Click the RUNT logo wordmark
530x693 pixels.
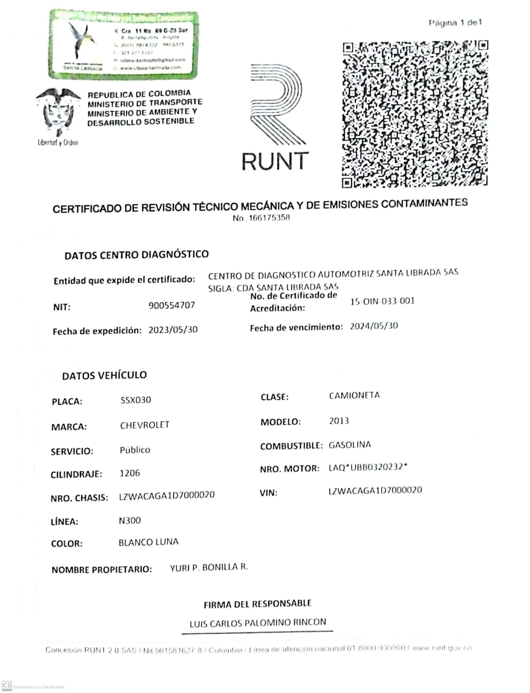coord(275,161)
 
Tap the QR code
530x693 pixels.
coord(415,114)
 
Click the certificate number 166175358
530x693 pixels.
coord(268,218)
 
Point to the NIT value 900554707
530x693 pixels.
coord(171,305)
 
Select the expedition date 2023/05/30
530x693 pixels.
coord(173,330)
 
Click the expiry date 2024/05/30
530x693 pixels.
coord(374,326)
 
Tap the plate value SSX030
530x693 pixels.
coord(136,400)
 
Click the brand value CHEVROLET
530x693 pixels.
coord(145,425)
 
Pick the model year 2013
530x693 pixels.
coord(339,421)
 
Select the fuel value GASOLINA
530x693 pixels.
coord(349,445)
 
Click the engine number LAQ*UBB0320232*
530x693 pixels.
coord(368,467)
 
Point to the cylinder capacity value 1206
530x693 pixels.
coord(129,473)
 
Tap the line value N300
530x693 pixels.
coord(129,520)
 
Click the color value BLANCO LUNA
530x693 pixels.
coord(148,542)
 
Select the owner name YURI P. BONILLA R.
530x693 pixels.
coord(209,567)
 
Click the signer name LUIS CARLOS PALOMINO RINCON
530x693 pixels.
coord(258,623)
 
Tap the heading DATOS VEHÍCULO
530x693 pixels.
coord(104,375)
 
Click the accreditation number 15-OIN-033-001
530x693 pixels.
coord(382,301)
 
